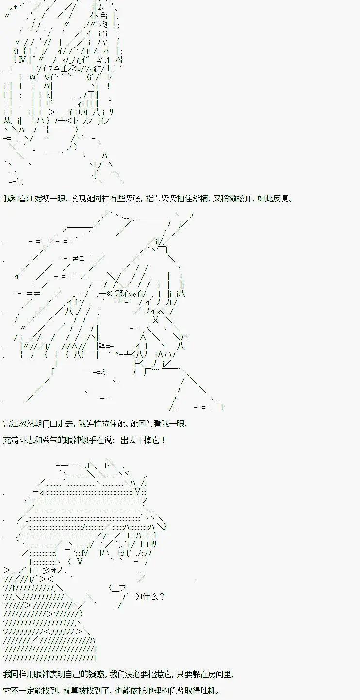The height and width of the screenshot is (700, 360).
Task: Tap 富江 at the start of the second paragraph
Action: pyautogui.click(x=11, y=424)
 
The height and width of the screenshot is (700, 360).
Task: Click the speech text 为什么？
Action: pyautogui.click(x=149, y=597)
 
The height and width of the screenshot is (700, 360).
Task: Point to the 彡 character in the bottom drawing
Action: pyautogui.click(x=46, y=570)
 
